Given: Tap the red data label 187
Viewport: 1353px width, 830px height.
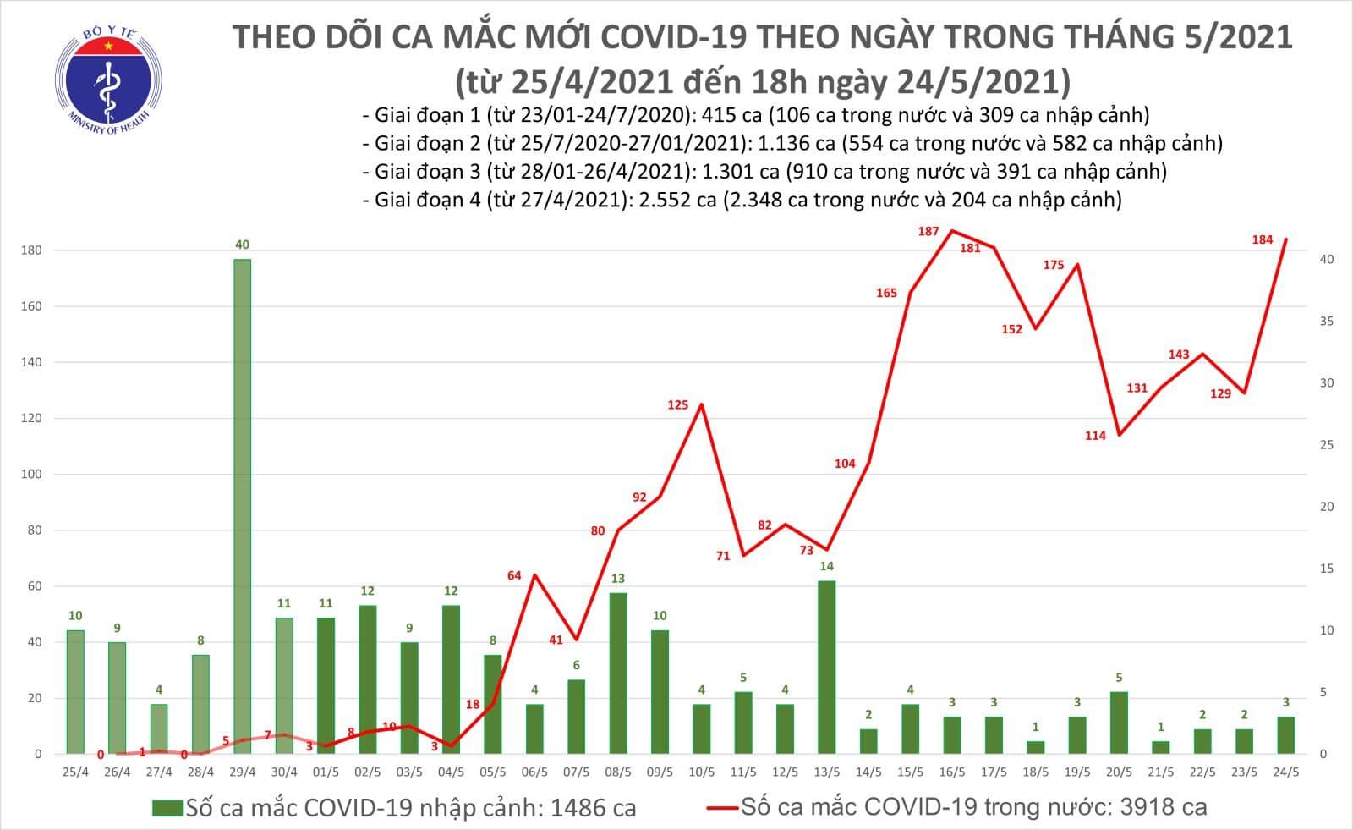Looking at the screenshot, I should (928, 231).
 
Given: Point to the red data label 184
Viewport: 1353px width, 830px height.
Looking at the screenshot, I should (1262, 239).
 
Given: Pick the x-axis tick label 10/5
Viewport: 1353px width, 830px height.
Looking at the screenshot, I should (701, 772).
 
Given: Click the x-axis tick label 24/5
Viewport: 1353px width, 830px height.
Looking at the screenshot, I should (1285, 772).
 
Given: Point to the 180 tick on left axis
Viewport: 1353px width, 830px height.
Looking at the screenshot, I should (33, 250).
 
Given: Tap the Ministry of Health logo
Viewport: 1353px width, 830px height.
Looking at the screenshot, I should (108, 80).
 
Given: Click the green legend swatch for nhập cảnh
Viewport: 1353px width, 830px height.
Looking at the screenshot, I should (167, 807).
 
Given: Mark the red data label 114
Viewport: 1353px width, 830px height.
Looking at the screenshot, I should (1095, 436).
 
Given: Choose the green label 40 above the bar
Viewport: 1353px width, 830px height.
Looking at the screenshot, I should (242, 245).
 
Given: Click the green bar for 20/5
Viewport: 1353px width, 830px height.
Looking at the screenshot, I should (1118, 723).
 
